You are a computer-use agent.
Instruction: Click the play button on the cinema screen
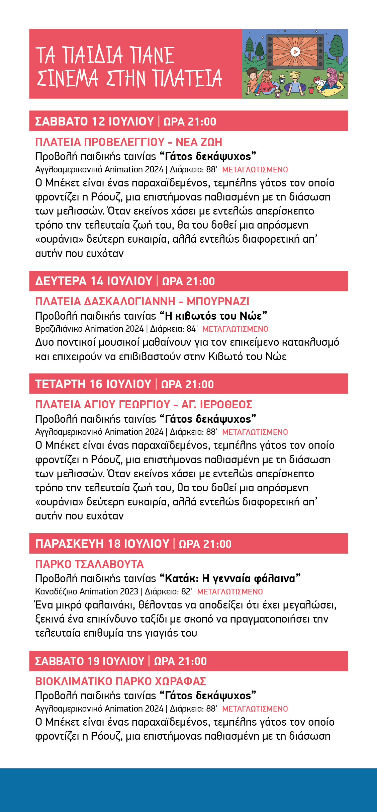(295, 52)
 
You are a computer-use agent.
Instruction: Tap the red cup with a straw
(311, 90)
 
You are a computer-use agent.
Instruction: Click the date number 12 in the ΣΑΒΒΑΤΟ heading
(98, 121)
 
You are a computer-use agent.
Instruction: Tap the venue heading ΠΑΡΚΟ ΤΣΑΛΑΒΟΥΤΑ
(89, 564)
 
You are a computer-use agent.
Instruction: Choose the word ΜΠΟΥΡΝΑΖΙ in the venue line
(218, 302)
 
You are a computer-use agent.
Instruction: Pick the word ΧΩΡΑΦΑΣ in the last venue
(184, 681)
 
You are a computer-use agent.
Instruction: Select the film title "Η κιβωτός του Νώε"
(213, 316)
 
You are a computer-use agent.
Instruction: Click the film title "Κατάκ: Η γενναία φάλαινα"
(230, 578)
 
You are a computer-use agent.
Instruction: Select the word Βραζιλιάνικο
(59, 329)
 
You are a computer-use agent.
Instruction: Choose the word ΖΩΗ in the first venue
(210, 142)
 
